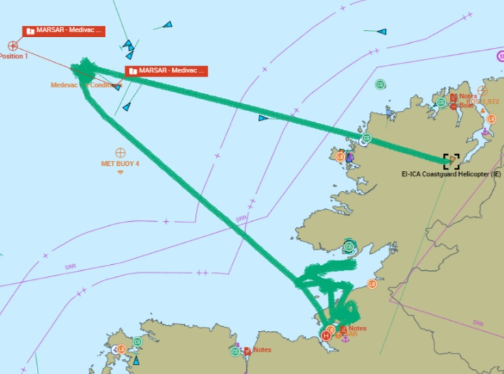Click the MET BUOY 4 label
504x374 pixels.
[x=120, y=164]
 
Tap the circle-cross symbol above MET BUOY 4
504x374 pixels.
[x=120, y=152]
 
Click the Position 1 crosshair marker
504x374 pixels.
[x=12, y=46]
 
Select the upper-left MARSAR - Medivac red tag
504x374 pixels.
[x=64, y=31]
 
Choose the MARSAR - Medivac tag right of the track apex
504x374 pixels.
[x=166, y=71]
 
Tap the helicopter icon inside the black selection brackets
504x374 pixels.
[x=451, y=161]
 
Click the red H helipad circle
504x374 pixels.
[x=326, y=335]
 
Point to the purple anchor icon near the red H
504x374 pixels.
[x=345, y=339]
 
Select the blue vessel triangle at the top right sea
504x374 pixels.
[x=381, y=31]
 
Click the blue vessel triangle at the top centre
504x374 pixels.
[x=167, y=25]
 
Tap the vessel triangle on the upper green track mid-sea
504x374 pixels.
[x=263, y=118]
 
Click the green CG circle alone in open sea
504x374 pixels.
[x=380, y=84]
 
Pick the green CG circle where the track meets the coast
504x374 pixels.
[x=366, y=139]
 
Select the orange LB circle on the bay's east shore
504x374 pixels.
[x=372, y=283]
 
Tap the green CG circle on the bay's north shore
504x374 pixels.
[x=349, y=246]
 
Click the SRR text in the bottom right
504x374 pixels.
[x=478, y=323]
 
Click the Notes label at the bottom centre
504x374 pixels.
[x=262, y=350]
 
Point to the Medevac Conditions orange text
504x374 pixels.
[x=86, y=85]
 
